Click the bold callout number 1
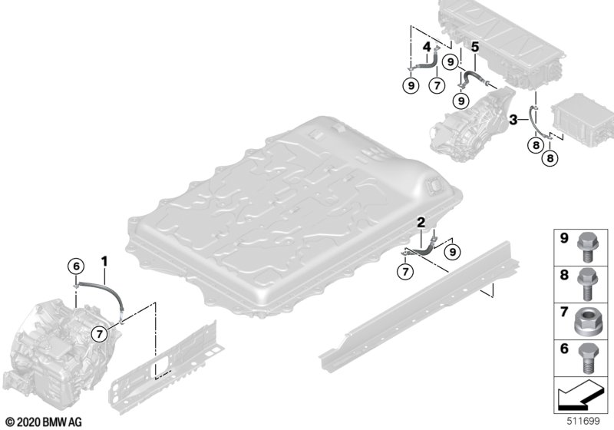click(x=104, y=261)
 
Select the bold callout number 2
click(x=421, y=223)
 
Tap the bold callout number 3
click(x=513, y=120)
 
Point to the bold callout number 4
click(x=427, y=48)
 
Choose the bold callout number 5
click(x=475, y=48)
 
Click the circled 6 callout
click(x=76, y=266)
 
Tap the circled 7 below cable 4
click(x=437, y=85)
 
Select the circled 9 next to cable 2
click(x=453, y=252)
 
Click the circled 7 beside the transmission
click(x=99, y=334)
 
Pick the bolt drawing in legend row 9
click(x=586, y=246)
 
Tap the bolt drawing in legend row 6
click(x=586, y=358)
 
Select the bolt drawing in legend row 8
click(x=586, y=284)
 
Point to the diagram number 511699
click(x=583, y=421)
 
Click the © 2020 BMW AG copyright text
click(x=44, y=422)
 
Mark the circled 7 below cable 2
click(x=405, y=270)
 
